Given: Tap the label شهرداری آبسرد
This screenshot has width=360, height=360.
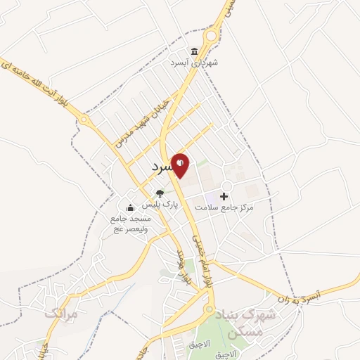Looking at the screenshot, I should (x=193, y=62).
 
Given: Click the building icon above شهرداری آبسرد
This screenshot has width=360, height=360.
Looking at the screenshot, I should (x=193, y=51).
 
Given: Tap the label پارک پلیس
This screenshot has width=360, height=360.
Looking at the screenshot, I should (x=161, y=205).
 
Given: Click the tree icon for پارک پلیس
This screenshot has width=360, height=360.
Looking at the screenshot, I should (x=160, y=193).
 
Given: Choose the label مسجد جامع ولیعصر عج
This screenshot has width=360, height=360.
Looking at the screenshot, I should (x=130, y=223).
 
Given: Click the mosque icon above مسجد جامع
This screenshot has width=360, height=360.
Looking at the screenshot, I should (x=130, y=207).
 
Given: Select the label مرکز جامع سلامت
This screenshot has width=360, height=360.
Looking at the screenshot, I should (x=226, y=208).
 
